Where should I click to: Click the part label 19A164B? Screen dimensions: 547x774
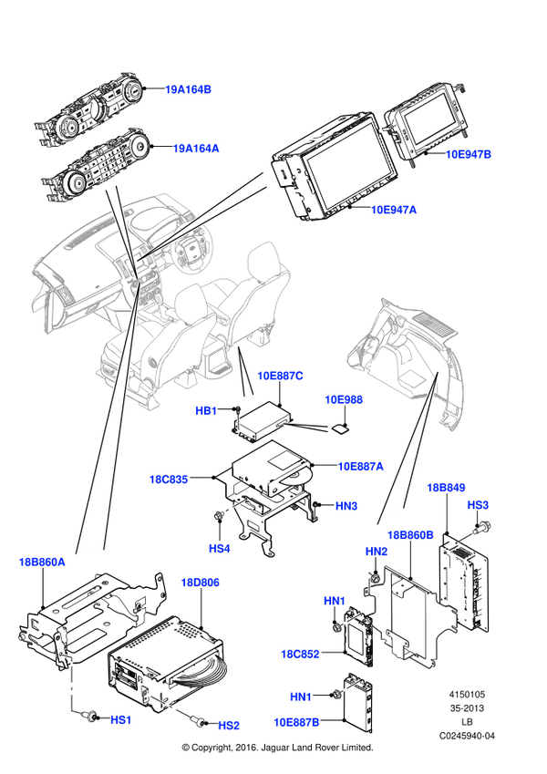tap(188, 89)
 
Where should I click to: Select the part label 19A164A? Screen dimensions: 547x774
tap(195, 148)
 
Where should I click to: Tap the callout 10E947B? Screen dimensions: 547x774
tap(469, 154)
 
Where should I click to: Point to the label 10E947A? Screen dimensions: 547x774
tap(394, 210)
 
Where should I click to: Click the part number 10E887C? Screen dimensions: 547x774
tap(280, 376)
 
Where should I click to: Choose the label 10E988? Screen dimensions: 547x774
tap(344, 399)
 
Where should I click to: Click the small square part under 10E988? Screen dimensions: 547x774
tap(340, 428)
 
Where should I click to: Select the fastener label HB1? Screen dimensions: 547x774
tap(206, 410)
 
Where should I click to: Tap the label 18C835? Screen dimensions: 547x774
tap(169, 479)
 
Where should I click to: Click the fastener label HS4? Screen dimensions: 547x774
tap(219, 549)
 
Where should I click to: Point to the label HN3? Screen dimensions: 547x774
tap(346, 506)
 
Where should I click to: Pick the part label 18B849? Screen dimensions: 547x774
tap(446, 488)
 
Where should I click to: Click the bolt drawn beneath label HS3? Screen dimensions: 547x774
tap(481, 528)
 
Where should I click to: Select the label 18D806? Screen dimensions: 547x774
tap(200, 583)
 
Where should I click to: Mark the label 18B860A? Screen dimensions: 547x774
tap(42, 562)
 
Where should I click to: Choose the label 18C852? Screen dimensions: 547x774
tap(300, 654)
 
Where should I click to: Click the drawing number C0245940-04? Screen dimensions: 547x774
tap(467, 736)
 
